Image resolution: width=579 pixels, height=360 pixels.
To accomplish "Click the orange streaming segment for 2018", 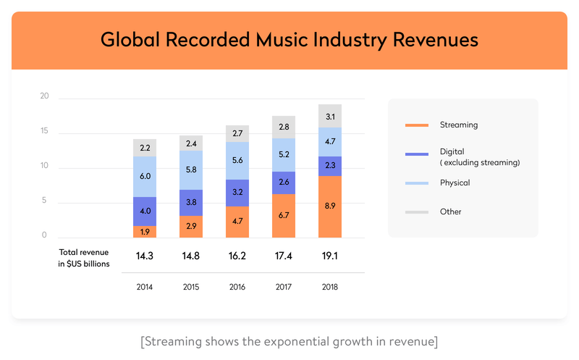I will tap(329, 206).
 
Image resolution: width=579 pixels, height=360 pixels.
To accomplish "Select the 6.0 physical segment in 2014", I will tap(145, 177).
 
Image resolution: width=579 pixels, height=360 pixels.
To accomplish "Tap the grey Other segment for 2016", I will tap(237, 134).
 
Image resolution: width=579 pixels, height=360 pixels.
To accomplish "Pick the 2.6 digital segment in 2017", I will tap(283, 183).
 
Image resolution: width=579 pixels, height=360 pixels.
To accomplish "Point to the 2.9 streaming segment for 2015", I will tap(191, 227).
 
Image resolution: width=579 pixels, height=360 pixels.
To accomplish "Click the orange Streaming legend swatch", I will tap(417, 125).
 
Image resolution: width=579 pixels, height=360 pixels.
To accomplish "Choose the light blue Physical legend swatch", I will tap(417, 183).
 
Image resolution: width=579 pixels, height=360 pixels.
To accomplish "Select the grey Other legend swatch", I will tap(417, 212).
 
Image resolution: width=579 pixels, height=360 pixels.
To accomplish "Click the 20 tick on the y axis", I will tap(44, 96).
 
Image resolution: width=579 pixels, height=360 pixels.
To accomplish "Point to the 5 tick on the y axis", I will tap(44, 201).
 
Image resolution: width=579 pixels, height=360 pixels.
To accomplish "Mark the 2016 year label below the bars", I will tap(237, 287).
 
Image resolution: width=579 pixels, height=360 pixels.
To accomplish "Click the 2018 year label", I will tap(329, 287).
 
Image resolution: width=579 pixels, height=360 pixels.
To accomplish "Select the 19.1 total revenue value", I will tap(329, 256).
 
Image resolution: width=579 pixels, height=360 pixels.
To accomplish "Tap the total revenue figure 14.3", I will tap(145, 256).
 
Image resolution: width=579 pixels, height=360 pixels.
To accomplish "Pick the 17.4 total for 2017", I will tap(283, 256).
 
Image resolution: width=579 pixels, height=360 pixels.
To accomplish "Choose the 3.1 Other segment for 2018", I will tap(329, 116).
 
